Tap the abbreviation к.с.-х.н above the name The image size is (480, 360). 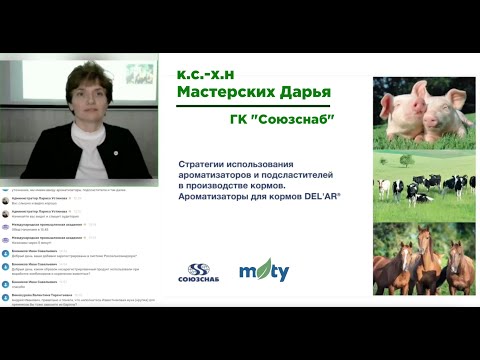(x=211, y=74)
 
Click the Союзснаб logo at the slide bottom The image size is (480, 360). (x=200, y=271)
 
